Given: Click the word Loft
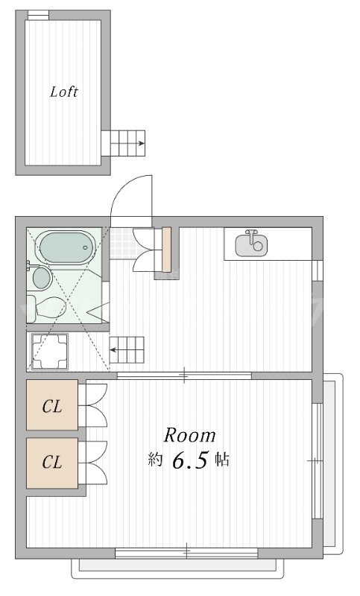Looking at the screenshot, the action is (x=64, y=92).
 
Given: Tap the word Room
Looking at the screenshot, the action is (x=189, y=436).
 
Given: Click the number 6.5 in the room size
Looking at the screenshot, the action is (x=191, y=460).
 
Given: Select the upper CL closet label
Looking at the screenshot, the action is (x=52, y=407).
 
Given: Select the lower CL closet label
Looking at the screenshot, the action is (x=52, y=462).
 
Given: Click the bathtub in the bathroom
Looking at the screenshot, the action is (x=67, y=248).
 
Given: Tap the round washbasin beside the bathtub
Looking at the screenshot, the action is (x=42, y=278).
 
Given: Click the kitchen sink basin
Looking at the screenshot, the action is (x=251, y=245).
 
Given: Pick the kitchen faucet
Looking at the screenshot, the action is (x=251, y=235).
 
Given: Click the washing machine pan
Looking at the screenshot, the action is (x=49, y=351).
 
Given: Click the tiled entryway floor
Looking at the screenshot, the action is (x=121, y=243).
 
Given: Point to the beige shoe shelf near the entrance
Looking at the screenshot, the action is (x=166, y=250).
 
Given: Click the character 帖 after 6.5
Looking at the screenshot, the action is (x=222, y=460).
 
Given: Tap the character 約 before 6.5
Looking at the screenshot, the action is (x=155, y=460).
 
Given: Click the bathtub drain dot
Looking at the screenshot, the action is (x=85, y=248).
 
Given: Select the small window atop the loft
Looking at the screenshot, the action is (x=39, y=15).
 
